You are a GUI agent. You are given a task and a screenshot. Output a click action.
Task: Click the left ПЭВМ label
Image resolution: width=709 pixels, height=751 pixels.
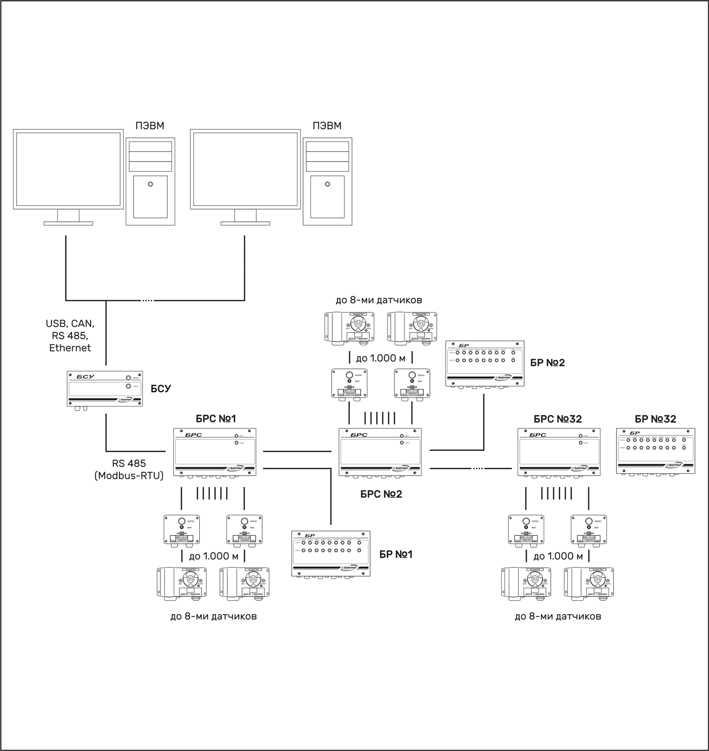(150, 126)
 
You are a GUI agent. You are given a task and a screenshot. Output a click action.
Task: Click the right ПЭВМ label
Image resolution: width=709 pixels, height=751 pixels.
(327, 126)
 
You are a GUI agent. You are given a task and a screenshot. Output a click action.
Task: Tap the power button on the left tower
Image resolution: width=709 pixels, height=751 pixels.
(150, 184)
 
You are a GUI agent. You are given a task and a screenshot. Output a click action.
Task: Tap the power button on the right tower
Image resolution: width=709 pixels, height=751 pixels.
(327, 184)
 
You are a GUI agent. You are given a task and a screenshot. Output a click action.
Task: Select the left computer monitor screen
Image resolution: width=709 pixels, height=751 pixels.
(68, 169)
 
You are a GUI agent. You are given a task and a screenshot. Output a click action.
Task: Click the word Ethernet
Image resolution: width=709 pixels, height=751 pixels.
(70, 348)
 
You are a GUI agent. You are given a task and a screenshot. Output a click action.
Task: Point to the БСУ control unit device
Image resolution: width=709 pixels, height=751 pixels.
(104, 389)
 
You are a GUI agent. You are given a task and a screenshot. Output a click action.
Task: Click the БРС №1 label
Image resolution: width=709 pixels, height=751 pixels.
(216, 419)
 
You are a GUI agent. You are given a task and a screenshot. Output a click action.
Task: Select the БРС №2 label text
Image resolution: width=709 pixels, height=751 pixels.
(381, 494)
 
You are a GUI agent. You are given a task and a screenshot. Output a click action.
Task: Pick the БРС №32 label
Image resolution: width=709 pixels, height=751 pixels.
(558, 419)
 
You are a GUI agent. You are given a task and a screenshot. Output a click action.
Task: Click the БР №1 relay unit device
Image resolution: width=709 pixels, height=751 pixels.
(331, 554)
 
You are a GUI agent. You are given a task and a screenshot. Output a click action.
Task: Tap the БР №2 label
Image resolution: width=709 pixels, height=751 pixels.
(547, 363)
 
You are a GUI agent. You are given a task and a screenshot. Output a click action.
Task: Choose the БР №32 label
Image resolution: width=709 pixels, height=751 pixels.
(655, 419)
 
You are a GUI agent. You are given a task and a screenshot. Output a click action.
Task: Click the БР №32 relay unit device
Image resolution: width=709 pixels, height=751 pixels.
(655, 451)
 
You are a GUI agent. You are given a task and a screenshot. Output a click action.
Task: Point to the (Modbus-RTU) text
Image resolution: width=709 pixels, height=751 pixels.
(129, 476)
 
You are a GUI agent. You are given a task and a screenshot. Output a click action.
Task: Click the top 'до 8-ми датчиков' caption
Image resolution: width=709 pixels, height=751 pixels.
(379, 300)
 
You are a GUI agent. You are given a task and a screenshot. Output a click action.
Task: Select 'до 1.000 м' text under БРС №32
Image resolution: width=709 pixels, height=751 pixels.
(558, 556)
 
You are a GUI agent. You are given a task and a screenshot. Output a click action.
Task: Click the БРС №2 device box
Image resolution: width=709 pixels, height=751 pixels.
(380, 452)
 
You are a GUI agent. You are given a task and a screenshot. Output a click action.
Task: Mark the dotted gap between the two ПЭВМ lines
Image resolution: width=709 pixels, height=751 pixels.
(147, 300)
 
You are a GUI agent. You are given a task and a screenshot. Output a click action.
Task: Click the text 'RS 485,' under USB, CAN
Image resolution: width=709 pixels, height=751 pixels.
(70, 336)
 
